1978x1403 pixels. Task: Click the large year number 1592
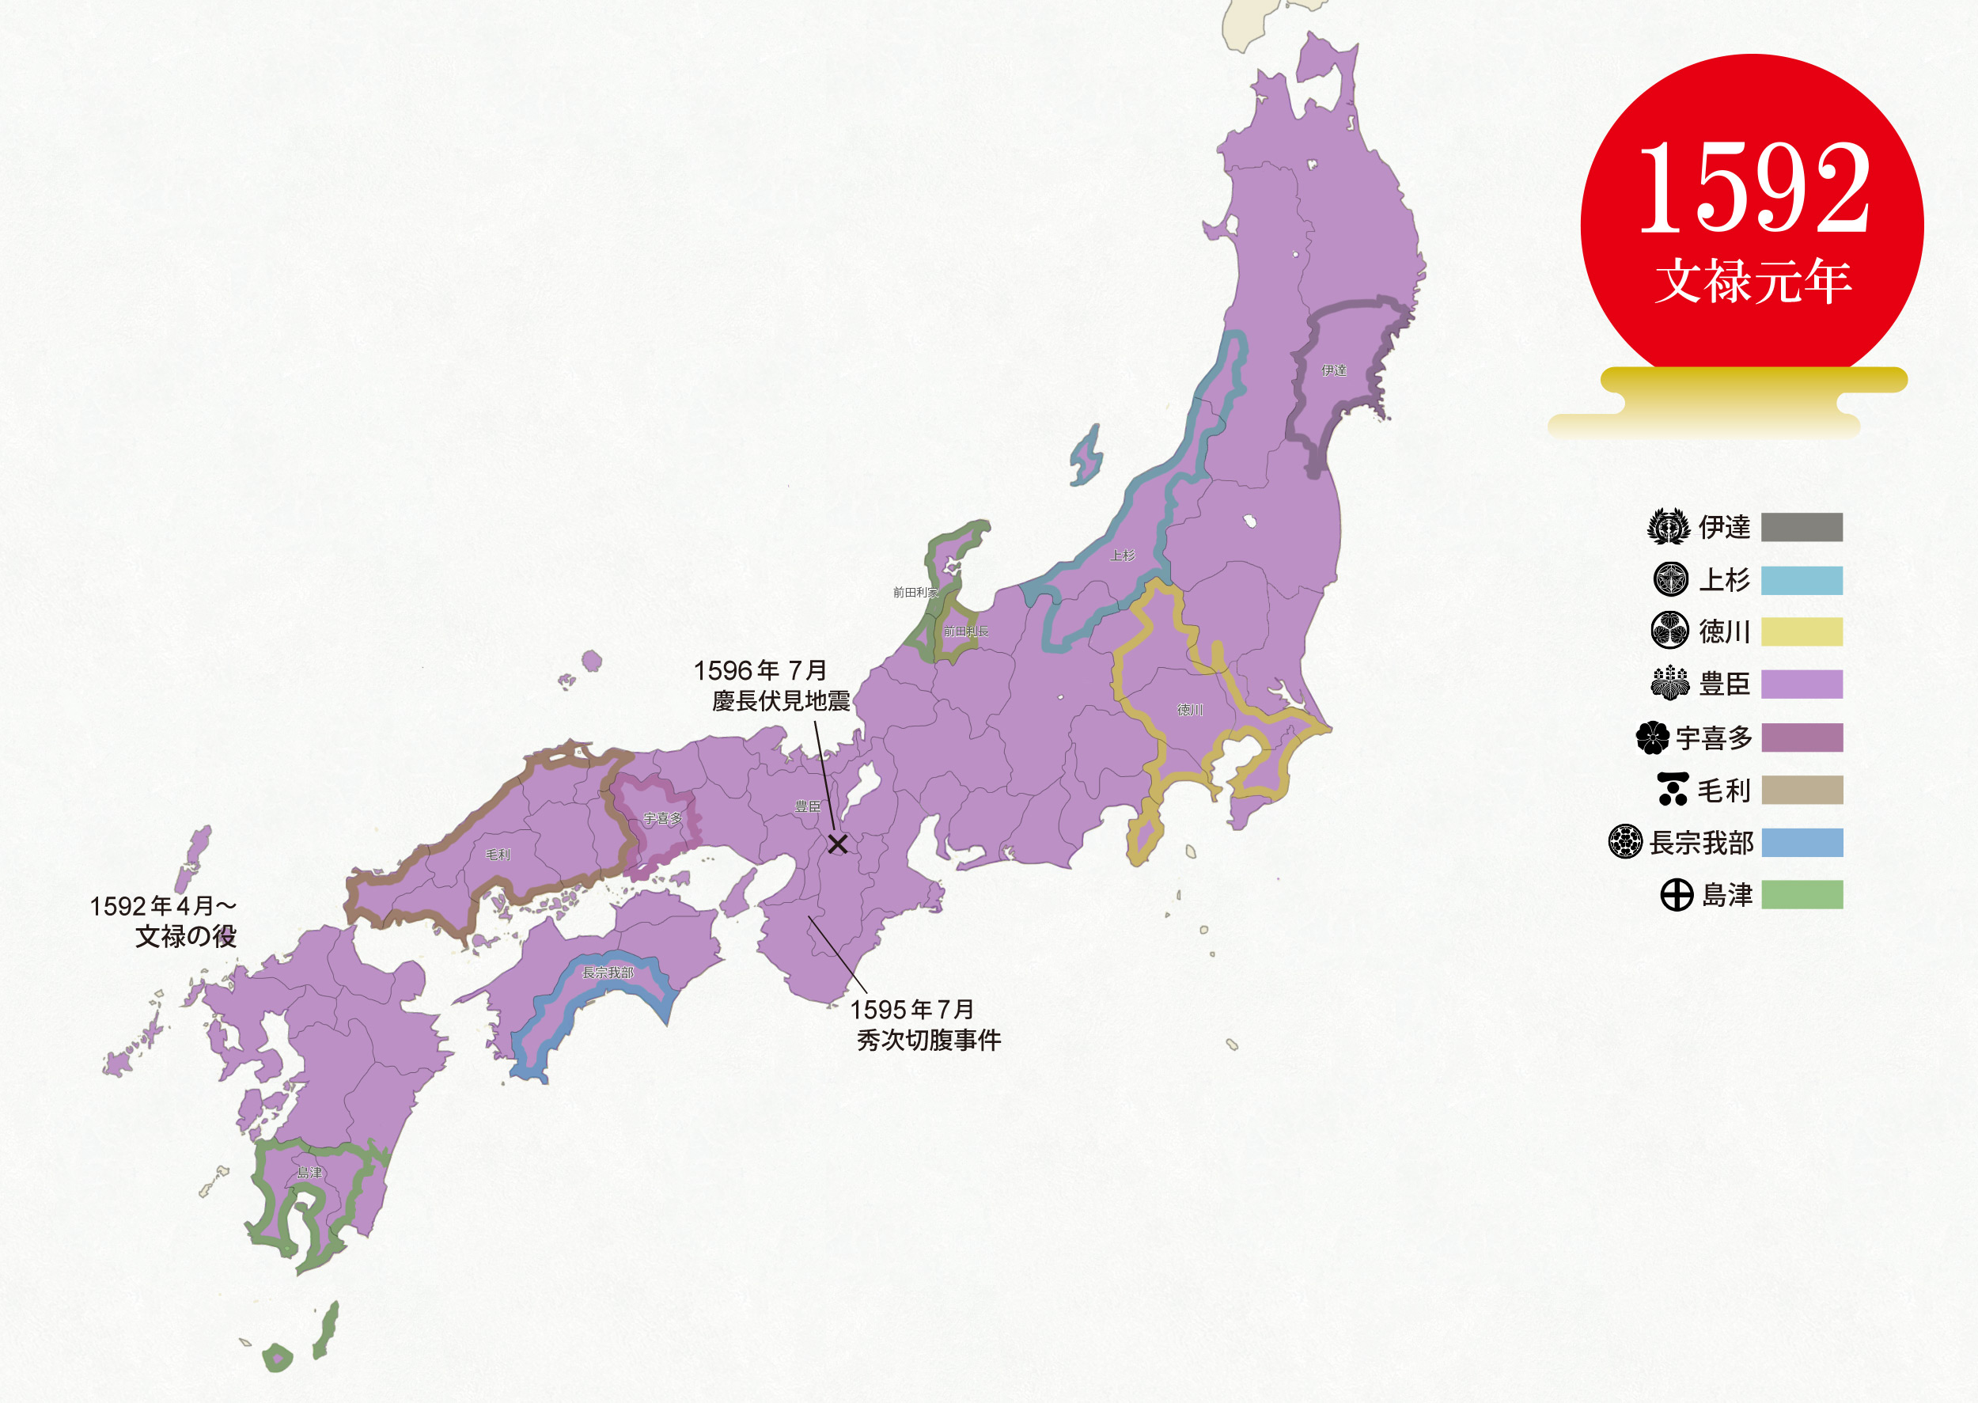(1753, 189)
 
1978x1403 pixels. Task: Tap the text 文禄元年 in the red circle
(1753, 281)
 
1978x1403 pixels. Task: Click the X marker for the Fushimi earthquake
(837, 844)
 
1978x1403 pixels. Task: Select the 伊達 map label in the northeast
(1334, 370)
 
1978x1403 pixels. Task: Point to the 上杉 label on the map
(1122, 556)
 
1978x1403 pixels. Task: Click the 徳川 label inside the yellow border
(1189, 710)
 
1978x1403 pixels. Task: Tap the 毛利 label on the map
(498, 855)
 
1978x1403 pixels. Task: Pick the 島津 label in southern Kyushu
(309, 1173)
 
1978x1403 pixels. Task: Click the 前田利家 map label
(915, 593)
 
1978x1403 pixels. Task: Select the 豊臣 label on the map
(808, 807)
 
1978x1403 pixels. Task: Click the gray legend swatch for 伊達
(1801, 527)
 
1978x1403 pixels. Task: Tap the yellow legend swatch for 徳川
(1801, 631)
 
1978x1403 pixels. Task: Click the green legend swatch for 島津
(1801, 895)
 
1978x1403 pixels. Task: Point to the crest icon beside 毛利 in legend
(1673, 790)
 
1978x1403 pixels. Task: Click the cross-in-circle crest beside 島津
(1677, 895)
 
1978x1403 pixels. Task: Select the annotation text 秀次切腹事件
(929, 1040)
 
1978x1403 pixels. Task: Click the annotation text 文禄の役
(186, 936)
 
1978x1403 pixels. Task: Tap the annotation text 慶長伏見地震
(781, 700)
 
